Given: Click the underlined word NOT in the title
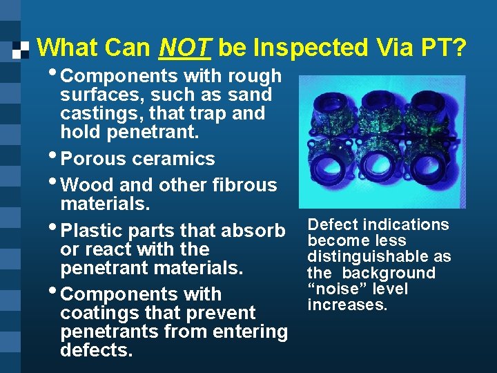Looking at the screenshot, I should (183, 48).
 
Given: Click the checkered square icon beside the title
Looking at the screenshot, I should (21, 49).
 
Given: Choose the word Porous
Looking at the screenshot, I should (93, 159).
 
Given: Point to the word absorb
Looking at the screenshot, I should (253, 230).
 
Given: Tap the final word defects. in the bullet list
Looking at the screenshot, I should (96, 350).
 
